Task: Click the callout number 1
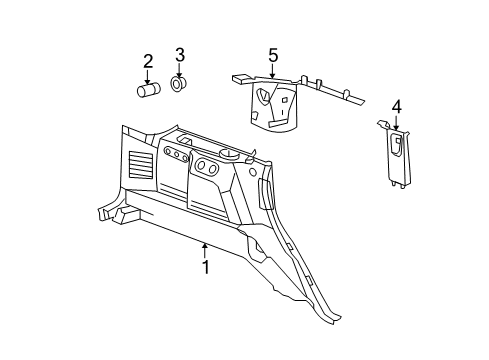(x=205, y=267)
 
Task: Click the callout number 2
(x=148, y=62)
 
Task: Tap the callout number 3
(x=180, y=54)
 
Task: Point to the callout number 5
(x=271, y=54)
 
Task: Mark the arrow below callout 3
(x=180, y=69)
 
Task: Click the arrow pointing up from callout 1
(x=205, y=250)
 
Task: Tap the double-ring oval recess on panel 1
(x=208, y=167)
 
